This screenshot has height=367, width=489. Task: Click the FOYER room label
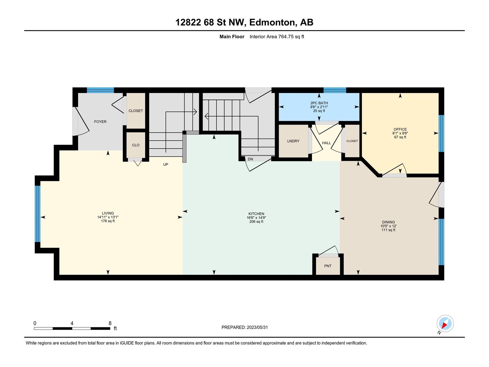click(x=100, y=122)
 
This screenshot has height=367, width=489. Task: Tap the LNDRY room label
click(x=293, y=141)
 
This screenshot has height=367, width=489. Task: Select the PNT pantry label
click(x=328, y=266)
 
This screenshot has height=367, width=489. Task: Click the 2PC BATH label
click(x=319, y=103)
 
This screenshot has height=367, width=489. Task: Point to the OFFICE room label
click(x=400, y=129)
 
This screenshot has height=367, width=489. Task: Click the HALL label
click(x=326, y=143)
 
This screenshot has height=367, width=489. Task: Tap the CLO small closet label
click(x=136, y=145)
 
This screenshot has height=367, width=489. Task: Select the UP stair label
click(x=166, y=165)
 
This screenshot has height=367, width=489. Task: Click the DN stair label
click(x=250, y=159)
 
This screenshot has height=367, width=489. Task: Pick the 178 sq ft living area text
click(x=108, y=221)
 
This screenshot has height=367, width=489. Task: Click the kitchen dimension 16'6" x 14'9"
click(x=256, y=218)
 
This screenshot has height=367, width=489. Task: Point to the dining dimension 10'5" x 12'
click(x=388, y=226)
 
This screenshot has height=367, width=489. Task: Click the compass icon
click(x=445, y=324)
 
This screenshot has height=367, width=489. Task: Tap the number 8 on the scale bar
click(x=110, y=323)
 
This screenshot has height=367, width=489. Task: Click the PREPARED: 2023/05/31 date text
click(x=244, y=327)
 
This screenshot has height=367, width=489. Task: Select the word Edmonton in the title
click(x=273, y=22)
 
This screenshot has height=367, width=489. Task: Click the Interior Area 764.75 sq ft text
click(x=277, y=36)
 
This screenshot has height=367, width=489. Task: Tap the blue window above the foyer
click(x=100, y=90)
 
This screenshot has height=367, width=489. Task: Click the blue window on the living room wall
click(x=37, y=214)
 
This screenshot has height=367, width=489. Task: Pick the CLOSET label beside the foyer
click(x=136, y=111)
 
